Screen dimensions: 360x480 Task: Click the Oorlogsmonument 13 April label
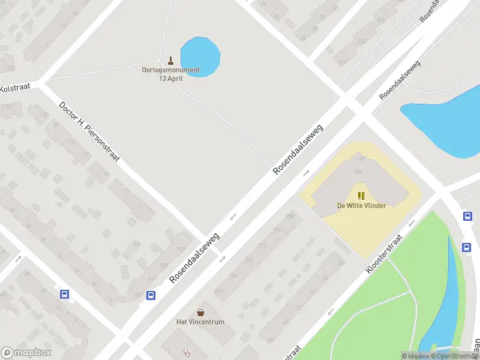(x=170, y=74)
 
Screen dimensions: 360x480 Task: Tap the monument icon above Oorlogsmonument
(x=171, y=61)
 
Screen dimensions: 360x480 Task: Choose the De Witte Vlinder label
(x=361, y=206)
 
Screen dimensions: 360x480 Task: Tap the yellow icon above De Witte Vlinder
(x=361, y=195)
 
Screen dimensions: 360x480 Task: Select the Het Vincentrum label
(x=200, y=322)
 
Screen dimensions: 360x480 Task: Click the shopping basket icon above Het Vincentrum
(x=200, y=312)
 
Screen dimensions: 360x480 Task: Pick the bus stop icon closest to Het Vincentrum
(x=151, y=295)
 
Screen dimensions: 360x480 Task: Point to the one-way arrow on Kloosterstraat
(x=412, y=223)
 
